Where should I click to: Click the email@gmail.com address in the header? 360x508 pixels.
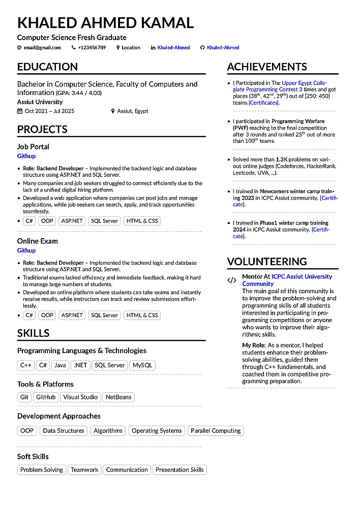coord(42,48)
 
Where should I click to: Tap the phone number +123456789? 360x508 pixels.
coord(92,48)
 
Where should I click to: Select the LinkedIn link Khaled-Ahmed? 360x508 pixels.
coord(173,48)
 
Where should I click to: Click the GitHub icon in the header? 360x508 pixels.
coord(202,48)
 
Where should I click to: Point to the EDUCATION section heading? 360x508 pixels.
coord(47,67)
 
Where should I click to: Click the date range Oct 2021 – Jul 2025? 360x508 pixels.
coord(49,111)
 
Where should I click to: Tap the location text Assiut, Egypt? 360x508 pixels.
coord(133,111)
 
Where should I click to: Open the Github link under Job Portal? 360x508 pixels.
coord(26,156)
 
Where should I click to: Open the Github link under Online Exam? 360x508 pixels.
coord(26,250)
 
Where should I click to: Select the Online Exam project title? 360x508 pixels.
coord(38,241)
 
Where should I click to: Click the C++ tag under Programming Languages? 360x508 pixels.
coord(25,365)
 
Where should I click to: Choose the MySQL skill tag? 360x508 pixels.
coord(142,365)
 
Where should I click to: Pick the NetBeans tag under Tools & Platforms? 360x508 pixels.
coord(118,397)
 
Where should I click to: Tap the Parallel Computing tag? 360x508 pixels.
coord(216,431)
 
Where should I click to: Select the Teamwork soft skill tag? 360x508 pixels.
coord(84,470)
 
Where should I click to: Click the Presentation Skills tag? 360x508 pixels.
coord(179,470)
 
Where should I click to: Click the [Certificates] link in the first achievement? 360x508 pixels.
coord(264,103)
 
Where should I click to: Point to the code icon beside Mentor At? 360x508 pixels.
coord(232,280)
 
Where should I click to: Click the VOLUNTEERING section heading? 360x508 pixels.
coord(267,262)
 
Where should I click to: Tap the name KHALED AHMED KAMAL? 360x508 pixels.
coord(105,23)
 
